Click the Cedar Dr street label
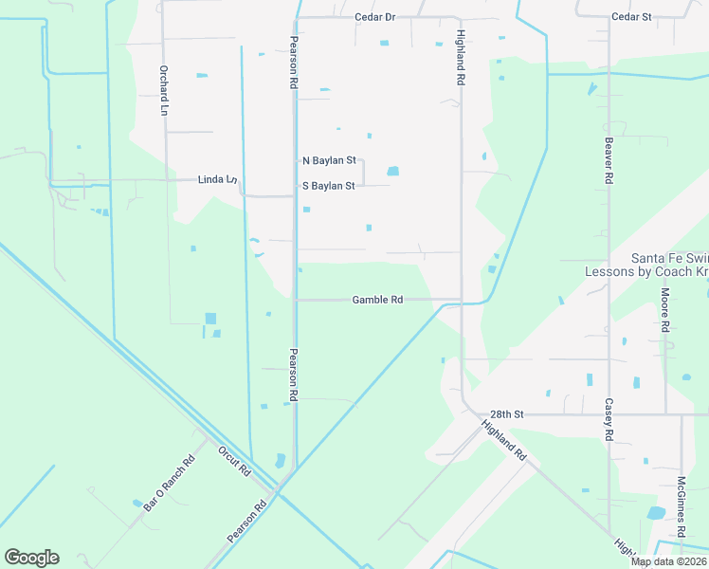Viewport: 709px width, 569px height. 374,17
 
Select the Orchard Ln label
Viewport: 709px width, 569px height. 163,91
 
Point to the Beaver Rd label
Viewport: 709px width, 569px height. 609,160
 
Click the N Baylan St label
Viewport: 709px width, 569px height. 328,161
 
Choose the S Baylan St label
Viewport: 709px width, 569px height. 328,186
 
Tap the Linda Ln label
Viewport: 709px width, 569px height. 216,179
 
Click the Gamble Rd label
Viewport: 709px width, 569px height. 377,300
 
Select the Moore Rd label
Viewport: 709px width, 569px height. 666,310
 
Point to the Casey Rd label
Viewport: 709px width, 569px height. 609,419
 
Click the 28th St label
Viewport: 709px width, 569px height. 507,414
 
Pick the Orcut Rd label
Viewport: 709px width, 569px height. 233,461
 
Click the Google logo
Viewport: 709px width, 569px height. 31,558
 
